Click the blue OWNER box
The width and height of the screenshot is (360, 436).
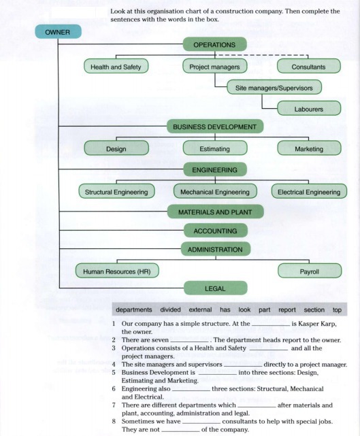click(x=58, y=32)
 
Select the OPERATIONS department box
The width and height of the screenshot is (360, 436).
click(x=214, y=44)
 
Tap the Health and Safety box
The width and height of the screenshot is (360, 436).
click(x=116, y=66)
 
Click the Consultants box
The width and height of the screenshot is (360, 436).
click(x=309, y=66)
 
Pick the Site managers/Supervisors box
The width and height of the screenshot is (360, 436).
click(x=274, y=87)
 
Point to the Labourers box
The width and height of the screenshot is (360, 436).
click(x=309, y=108)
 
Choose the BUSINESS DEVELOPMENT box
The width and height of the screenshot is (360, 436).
click(x=215, y=127)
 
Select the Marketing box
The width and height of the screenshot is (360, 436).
click(x=309, y=148)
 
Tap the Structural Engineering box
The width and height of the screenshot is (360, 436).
click(x=116, y=191)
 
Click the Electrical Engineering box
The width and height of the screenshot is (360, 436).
click(x=309, y=191)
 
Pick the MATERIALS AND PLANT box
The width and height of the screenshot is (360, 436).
click(x=215, y=212)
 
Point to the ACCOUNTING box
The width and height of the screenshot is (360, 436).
click(x=216, y=231)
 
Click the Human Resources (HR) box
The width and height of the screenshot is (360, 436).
click(x=117, y=271)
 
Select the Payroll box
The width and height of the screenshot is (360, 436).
click(x=310, y=271)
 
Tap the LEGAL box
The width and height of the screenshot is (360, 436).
click(x=216, y=288)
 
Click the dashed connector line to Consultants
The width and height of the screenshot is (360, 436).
click(x=261, y=55)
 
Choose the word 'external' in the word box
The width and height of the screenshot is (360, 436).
click(x=200, y=309)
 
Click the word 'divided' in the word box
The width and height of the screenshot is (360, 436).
click(x=171, y=309)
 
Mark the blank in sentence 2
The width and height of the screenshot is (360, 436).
click(x=189, y=341)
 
